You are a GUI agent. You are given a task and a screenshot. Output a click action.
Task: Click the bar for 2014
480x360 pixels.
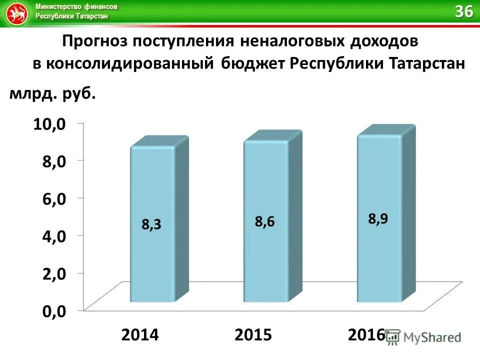pos(152,225)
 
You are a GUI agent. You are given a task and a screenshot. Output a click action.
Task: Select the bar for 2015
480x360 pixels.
pos(266,222)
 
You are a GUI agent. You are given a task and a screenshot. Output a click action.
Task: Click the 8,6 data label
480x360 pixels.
pos(265,222)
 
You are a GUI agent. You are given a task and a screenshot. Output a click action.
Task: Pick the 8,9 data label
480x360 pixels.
pos(378,218)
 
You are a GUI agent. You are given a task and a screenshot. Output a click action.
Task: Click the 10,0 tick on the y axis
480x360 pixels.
pos(49,124)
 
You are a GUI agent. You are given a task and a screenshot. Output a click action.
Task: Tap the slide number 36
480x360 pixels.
pos(463,12)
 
